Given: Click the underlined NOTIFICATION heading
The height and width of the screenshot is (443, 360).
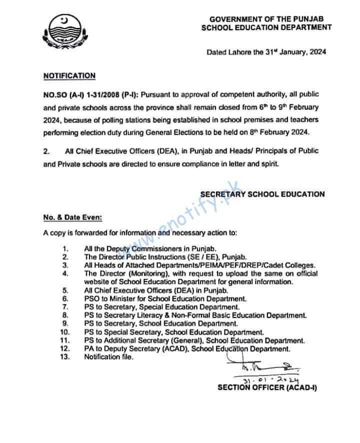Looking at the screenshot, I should pos(69,75).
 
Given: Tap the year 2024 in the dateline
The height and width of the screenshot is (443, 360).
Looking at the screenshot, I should pos(318,51).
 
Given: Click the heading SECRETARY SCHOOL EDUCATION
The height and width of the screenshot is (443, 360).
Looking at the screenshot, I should pos(262,194).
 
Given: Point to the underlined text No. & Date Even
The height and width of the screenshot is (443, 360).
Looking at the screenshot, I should pos(73,217).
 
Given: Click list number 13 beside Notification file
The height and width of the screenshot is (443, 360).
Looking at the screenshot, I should pos(64,356).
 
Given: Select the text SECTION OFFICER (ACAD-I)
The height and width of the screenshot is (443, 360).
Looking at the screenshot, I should pos(267,387).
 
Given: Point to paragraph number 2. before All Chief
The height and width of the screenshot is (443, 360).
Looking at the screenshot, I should pos(46,150).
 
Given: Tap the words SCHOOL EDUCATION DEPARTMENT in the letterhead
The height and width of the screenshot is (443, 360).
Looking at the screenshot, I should pos(266,27).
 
